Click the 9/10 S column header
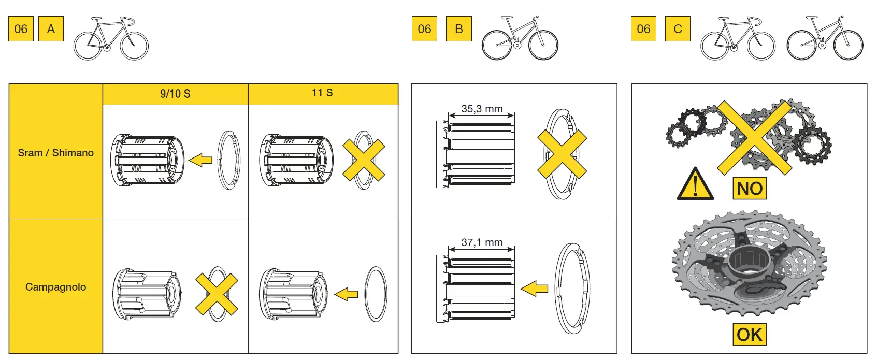pyautogui.click(x=175, y=94)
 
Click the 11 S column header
pyautogui.click(x=322, y=93)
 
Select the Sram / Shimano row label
pyautogui.click(x=55, y=153)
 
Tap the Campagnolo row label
pyautogui.click(x=55, y=287)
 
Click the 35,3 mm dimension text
pyautogui.click(x=482, y=109)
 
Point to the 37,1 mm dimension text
pyautogui.click(x=482, y=242)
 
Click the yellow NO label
pyautogui.click(x=749, y=189)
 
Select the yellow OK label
pyautogui.click(x=749, y=335)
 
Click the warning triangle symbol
pyautogui.click(x=695, y=185)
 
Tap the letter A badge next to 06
pyautogui.click(x=51, y=29)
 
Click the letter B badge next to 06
pyautogui.click(x=458, y=29)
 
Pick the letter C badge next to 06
pyautogui.click(x=678, y=29)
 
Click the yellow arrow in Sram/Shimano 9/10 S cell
pyautogui.click(x=200, y=160)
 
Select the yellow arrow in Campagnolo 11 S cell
pyautogui.click(x=347, y=294)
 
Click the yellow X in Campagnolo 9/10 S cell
pyautogui.click(x=217, y=294)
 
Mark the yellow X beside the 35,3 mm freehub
pyautogui.click(x=562, y=154)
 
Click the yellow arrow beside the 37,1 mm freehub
pyautogui.click(x=534, y=289)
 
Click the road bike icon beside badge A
pyautogui.click(x=111, y=38)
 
